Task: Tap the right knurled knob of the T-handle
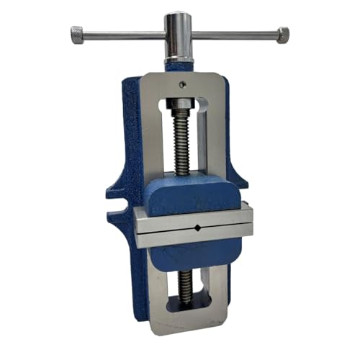click(282, 33)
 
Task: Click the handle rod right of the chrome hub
click(230, 33)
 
